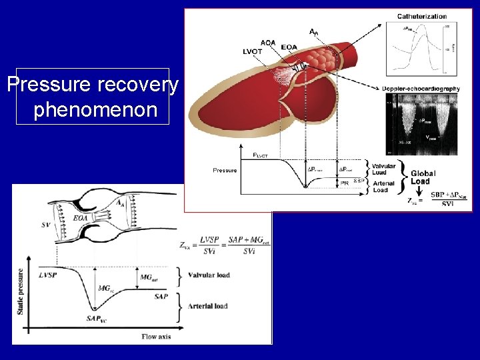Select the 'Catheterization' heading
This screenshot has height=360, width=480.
point(422,16)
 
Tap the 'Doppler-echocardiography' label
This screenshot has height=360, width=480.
point(422,89)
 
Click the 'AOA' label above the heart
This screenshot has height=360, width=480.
point(267,42)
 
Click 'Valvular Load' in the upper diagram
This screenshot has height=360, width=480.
point(383,169)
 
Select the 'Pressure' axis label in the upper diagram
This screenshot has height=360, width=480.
point(225,170)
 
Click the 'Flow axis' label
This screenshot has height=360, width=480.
point(156,337)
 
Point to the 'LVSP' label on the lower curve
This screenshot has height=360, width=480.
point(47,275)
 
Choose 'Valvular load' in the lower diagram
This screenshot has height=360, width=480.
point(209,275)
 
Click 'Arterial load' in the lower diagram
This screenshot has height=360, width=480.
point(208,306)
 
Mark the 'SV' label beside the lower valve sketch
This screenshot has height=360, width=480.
point(45,225)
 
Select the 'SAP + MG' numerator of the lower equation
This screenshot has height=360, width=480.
point(248,239)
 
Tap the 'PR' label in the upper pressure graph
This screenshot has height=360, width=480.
point(345,182)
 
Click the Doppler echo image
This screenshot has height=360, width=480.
point(422,123)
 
